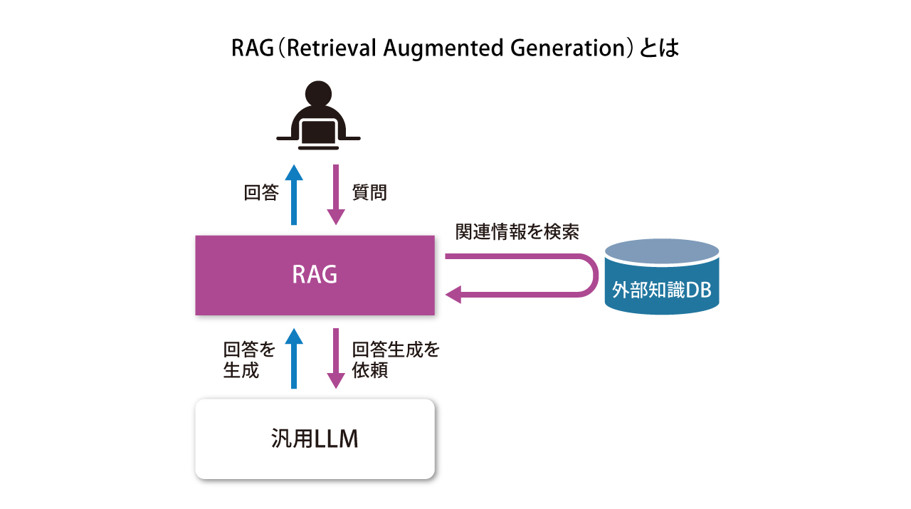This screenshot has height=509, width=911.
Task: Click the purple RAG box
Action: [315, 275]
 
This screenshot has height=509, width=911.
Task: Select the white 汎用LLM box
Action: [315, 439]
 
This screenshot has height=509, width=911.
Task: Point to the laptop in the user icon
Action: [318, 132]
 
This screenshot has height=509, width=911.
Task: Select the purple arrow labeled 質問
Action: [336, 194]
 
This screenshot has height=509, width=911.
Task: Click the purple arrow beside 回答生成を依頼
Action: [336, 357]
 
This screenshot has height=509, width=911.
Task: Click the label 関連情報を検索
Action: [517, 232]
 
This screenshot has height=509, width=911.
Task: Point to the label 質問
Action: [369, 193]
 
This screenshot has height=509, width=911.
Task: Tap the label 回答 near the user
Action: [261, 193]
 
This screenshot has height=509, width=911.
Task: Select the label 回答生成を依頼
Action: [396, 360]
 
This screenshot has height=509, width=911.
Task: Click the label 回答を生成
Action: [249, 360]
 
